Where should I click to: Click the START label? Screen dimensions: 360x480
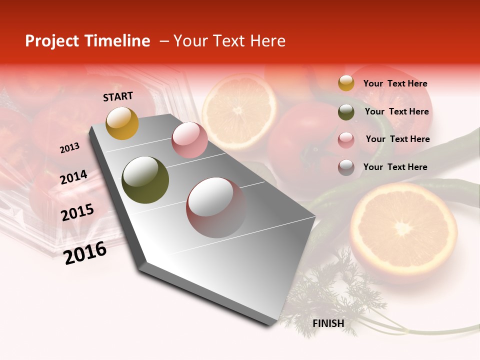click(118, 96)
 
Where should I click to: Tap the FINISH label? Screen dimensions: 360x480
click(328, 323)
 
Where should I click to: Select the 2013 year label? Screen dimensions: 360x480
click(69, 148)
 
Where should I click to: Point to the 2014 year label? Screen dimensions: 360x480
click(73, 177)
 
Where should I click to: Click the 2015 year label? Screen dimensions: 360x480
click(77, 212)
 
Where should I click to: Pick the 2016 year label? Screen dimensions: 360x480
click(85, 252)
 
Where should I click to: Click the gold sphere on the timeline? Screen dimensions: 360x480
click(122, 123)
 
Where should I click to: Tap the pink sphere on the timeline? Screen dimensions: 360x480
click(189, 140)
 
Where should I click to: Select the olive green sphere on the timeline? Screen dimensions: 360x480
click(145, 180)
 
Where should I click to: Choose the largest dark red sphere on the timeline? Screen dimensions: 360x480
click(216, 207)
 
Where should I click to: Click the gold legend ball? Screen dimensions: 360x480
click(346, 83)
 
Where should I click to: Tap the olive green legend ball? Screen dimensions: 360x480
click(346, 112)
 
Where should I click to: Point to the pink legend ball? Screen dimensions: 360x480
click(346, 140)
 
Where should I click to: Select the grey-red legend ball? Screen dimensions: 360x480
click(346, 167)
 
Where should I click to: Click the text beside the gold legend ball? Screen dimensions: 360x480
click(395, 83)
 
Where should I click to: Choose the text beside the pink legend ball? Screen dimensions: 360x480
click(397, 139)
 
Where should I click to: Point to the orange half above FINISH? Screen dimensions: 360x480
click(403, 230)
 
